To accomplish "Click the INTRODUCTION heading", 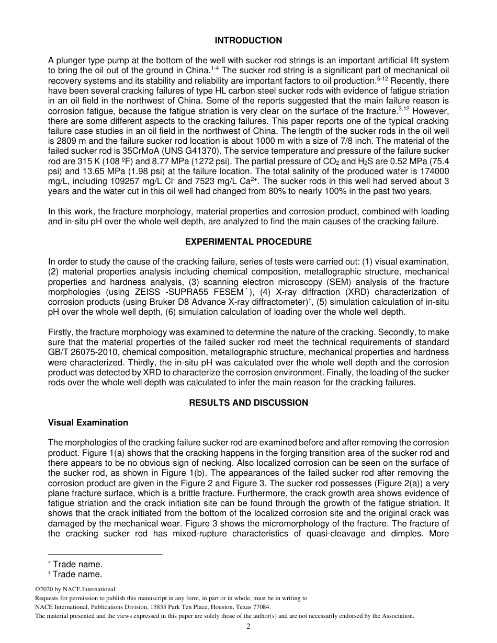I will tap(248, 41).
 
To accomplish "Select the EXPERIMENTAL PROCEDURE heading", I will tap(248, 242).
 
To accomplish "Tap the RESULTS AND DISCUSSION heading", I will tap(248, 403).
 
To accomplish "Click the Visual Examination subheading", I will tap(88, 422).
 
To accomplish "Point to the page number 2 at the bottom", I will tap(249, 627).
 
